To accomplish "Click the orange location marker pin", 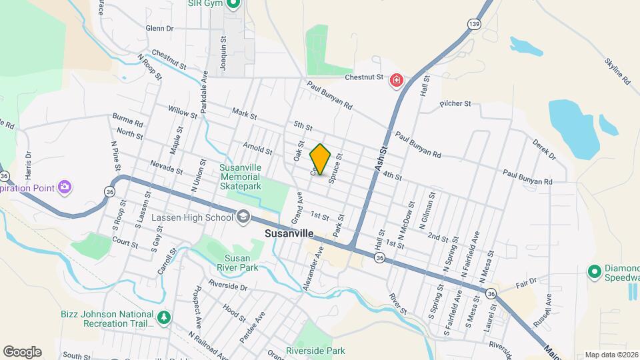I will [x=321, y=159].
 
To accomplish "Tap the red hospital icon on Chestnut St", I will [x=397, y=81].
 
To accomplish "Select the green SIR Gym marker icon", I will [x=233, y=4].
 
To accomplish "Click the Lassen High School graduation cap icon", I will [x=243, y=217].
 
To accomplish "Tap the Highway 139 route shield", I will [x=473, y=24].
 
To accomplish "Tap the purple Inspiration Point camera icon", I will [x=64, y=186].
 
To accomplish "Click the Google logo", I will [x=22, y=352].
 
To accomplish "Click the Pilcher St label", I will [x=455, y=104].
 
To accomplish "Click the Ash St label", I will [x=381, y=160].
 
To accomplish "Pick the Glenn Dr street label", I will [x=159, y=29].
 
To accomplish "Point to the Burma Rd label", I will [x=128, y=123].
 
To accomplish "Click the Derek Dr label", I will [x=544, y=150].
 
